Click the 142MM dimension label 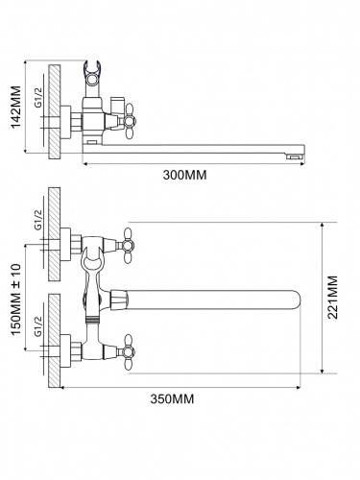coord(16,107)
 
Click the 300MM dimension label coord(185,175)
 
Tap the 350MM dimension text coord(173,399)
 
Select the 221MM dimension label coord(333,298)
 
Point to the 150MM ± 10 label coord(16,300)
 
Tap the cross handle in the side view coord(129,121)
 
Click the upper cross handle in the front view coord(128,246)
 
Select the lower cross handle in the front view coord(128,352)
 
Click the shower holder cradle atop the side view coord(92,73)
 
